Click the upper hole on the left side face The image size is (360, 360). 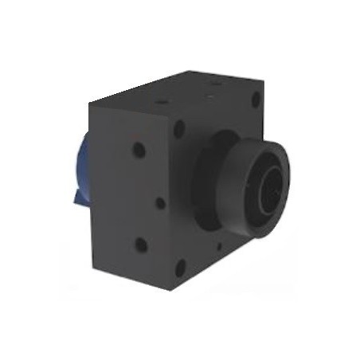(139, 150)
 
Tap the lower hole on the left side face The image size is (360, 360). (141, 245)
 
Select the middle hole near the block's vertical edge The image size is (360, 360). (161, 203)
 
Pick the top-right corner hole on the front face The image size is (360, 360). (256, 101)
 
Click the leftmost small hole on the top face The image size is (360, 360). (162, 103)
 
